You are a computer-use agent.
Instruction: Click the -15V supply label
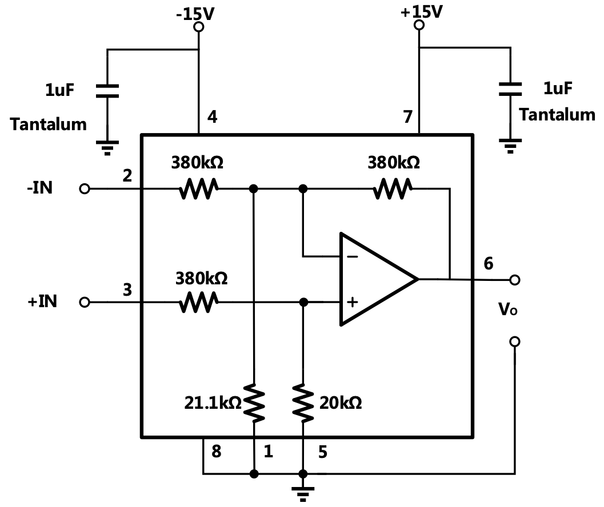click(195, 13)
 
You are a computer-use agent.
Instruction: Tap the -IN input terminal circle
click(85, 189)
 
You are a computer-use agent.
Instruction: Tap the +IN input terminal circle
click(85, 302)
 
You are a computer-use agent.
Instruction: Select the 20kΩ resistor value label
click(339, 403)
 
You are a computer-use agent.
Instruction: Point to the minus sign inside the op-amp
click(353, 256)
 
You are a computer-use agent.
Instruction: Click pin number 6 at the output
click(488, 263)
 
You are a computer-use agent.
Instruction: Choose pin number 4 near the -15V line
click(212, 118)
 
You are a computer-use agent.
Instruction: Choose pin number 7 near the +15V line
click(407, 118)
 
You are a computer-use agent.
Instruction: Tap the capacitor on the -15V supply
click(107, 91)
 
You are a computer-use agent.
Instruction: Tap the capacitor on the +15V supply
click(510, 88)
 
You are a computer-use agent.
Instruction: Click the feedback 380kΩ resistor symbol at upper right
click(392, 189)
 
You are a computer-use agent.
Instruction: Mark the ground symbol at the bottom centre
click(303, 492)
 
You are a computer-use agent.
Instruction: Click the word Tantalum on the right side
click(557, 115)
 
